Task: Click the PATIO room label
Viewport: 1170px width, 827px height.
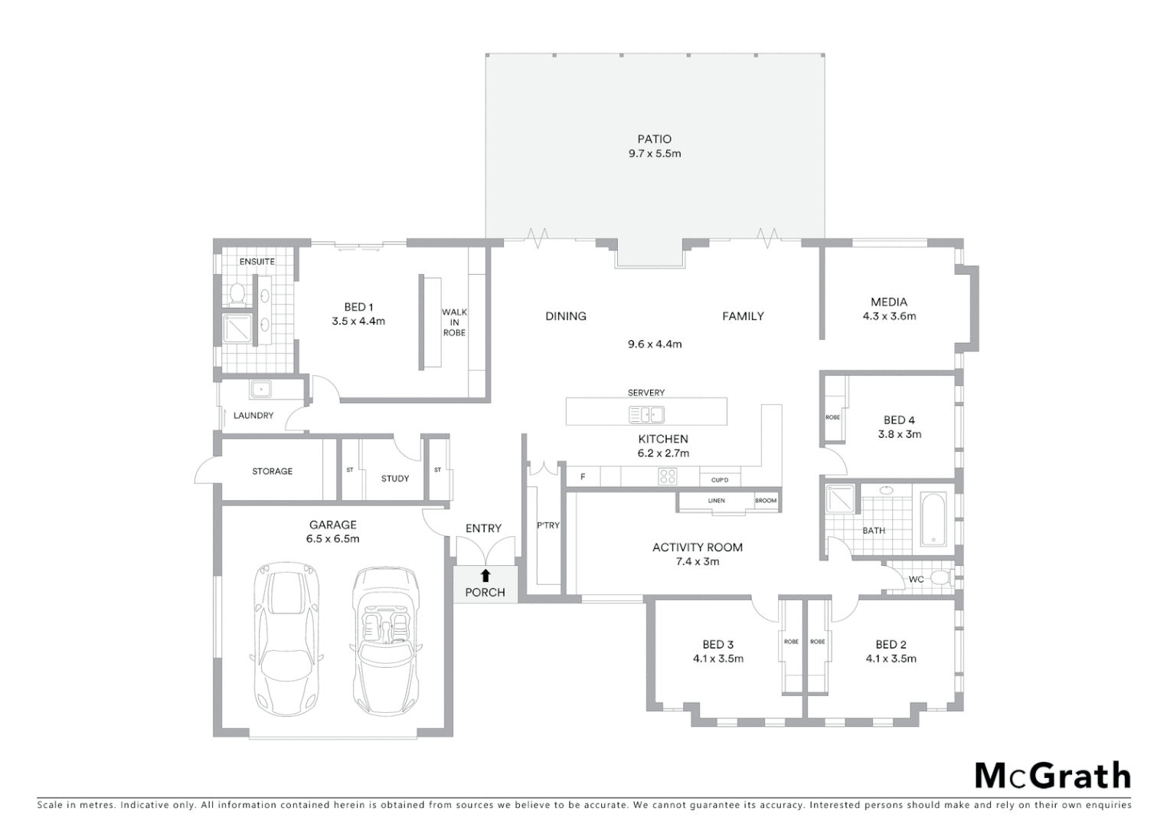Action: (x=654, y=139)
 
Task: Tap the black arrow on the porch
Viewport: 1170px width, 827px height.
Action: (x=485, y=576)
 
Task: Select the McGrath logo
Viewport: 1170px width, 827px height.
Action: (x=1052, y=776)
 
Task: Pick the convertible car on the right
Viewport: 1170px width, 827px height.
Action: (x=386, y=640)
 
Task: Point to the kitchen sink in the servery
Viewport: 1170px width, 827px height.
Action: (x=646, y=415)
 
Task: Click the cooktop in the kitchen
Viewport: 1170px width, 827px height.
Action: (x=667, y=477)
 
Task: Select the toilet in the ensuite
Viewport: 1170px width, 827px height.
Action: (x=237, y=293)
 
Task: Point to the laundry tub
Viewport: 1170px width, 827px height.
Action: (x=262, y=390)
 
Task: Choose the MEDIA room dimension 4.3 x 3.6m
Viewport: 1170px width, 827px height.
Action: (x=889, y=316)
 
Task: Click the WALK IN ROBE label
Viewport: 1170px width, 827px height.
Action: (x=454, y=322)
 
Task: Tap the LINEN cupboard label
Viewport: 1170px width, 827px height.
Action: (x=716, y=501)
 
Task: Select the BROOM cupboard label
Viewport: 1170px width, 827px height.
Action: (x=766, y=501)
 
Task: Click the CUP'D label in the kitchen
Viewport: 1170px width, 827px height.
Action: (x=719, y=480)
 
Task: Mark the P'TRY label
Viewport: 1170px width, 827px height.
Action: (x=547, y=525)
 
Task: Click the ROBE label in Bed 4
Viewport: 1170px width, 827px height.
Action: (x=832, y=417)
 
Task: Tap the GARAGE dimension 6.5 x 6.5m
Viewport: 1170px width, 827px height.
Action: (x=333, y=539)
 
